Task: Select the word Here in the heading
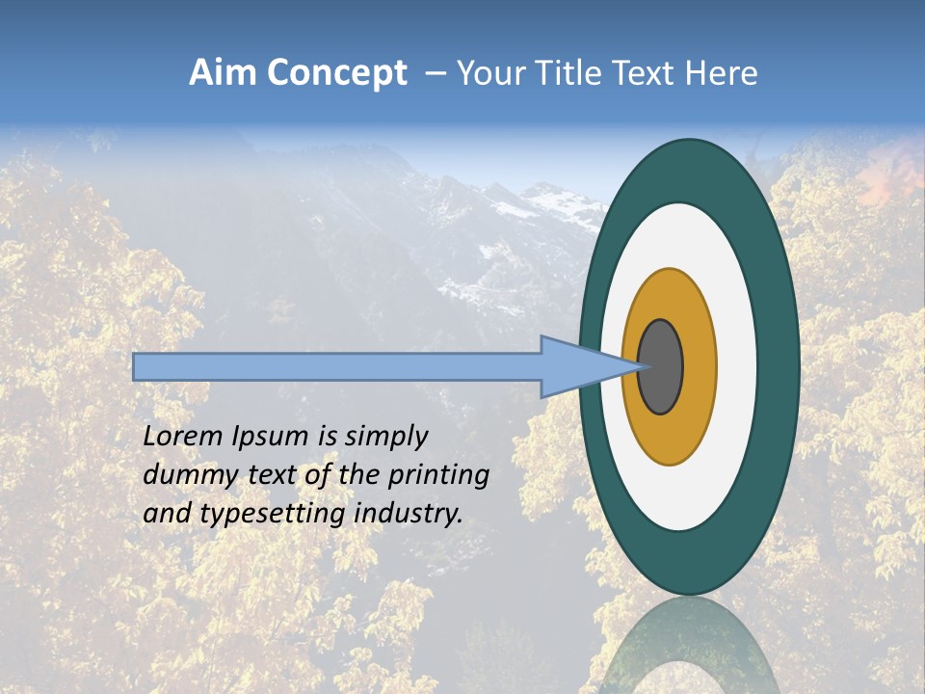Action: pos(722,73)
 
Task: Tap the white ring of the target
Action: pos(737,367)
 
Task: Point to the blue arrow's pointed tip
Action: pos(636,367)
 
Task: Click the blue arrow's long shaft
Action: pos(337,367)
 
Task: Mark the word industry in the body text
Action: pos(409,514)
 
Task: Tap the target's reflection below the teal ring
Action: pos(689,646)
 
